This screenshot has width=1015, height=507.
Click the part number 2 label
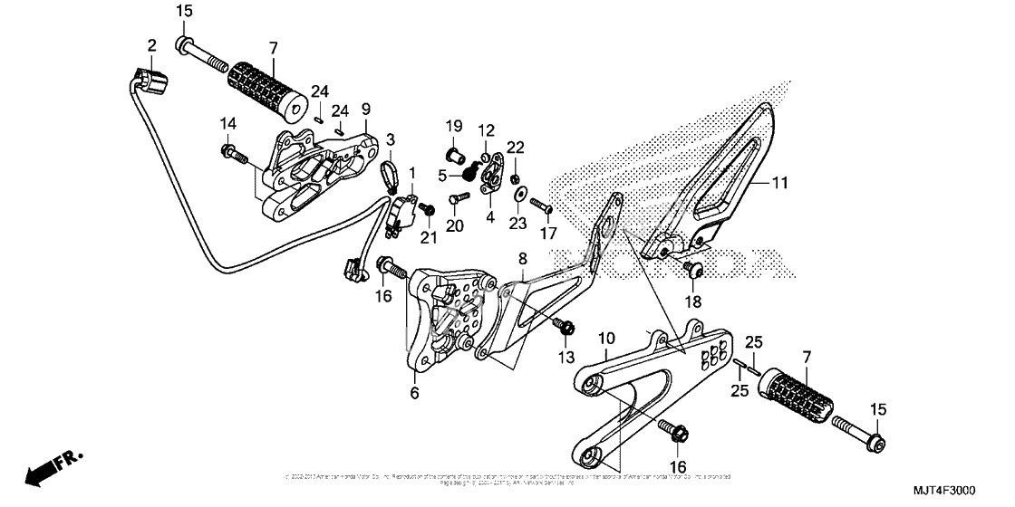152,44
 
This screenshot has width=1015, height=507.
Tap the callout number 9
366,109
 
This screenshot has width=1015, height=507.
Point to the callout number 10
607,338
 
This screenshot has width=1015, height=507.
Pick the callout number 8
522,258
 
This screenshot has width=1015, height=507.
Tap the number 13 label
566,357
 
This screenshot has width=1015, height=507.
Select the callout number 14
227,123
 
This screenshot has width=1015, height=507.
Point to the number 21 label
428,237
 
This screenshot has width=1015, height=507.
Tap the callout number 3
391,139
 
